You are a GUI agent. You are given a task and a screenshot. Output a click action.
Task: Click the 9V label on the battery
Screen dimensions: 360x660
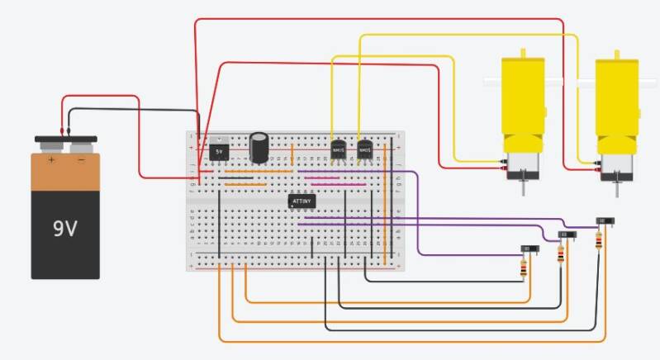coord(65,227)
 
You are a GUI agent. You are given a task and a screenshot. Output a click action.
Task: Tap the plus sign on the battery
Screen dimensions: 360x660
coord(51,160)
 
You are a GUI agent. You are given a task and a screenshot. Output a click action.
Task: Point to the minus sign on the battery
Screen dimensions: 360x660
coord(80,160)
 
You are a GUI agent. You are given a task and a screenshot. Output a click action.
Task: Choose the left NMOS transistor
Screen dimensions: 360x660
coord(337,150)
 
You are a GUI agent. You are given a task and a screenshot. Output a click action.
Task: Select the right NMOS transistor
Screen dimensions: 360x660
coord(364,150)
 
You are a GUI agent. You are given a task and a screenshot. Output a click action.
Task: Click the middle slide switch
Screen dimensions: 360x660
coord(567,235)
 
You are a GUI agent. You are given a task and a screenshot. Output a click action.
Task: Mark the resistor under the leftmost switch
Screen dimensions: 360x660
coord(522,267)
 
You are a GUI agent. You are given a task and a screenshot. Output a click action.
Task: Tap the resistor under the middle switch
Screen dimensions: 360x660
coord(563,254)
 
